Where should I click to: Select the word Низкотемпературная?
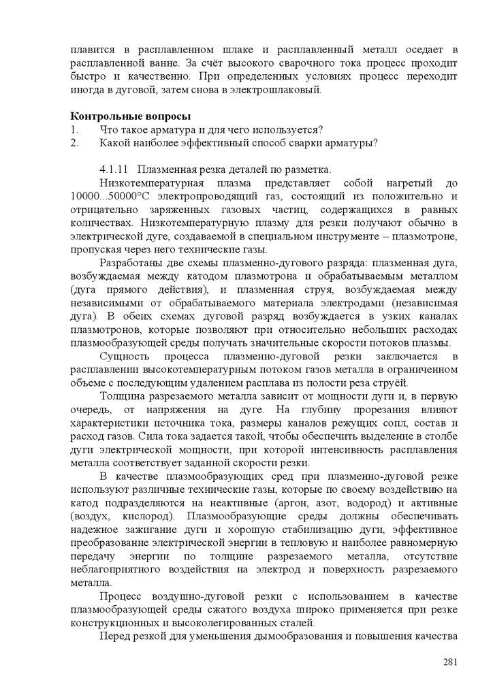150,183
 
